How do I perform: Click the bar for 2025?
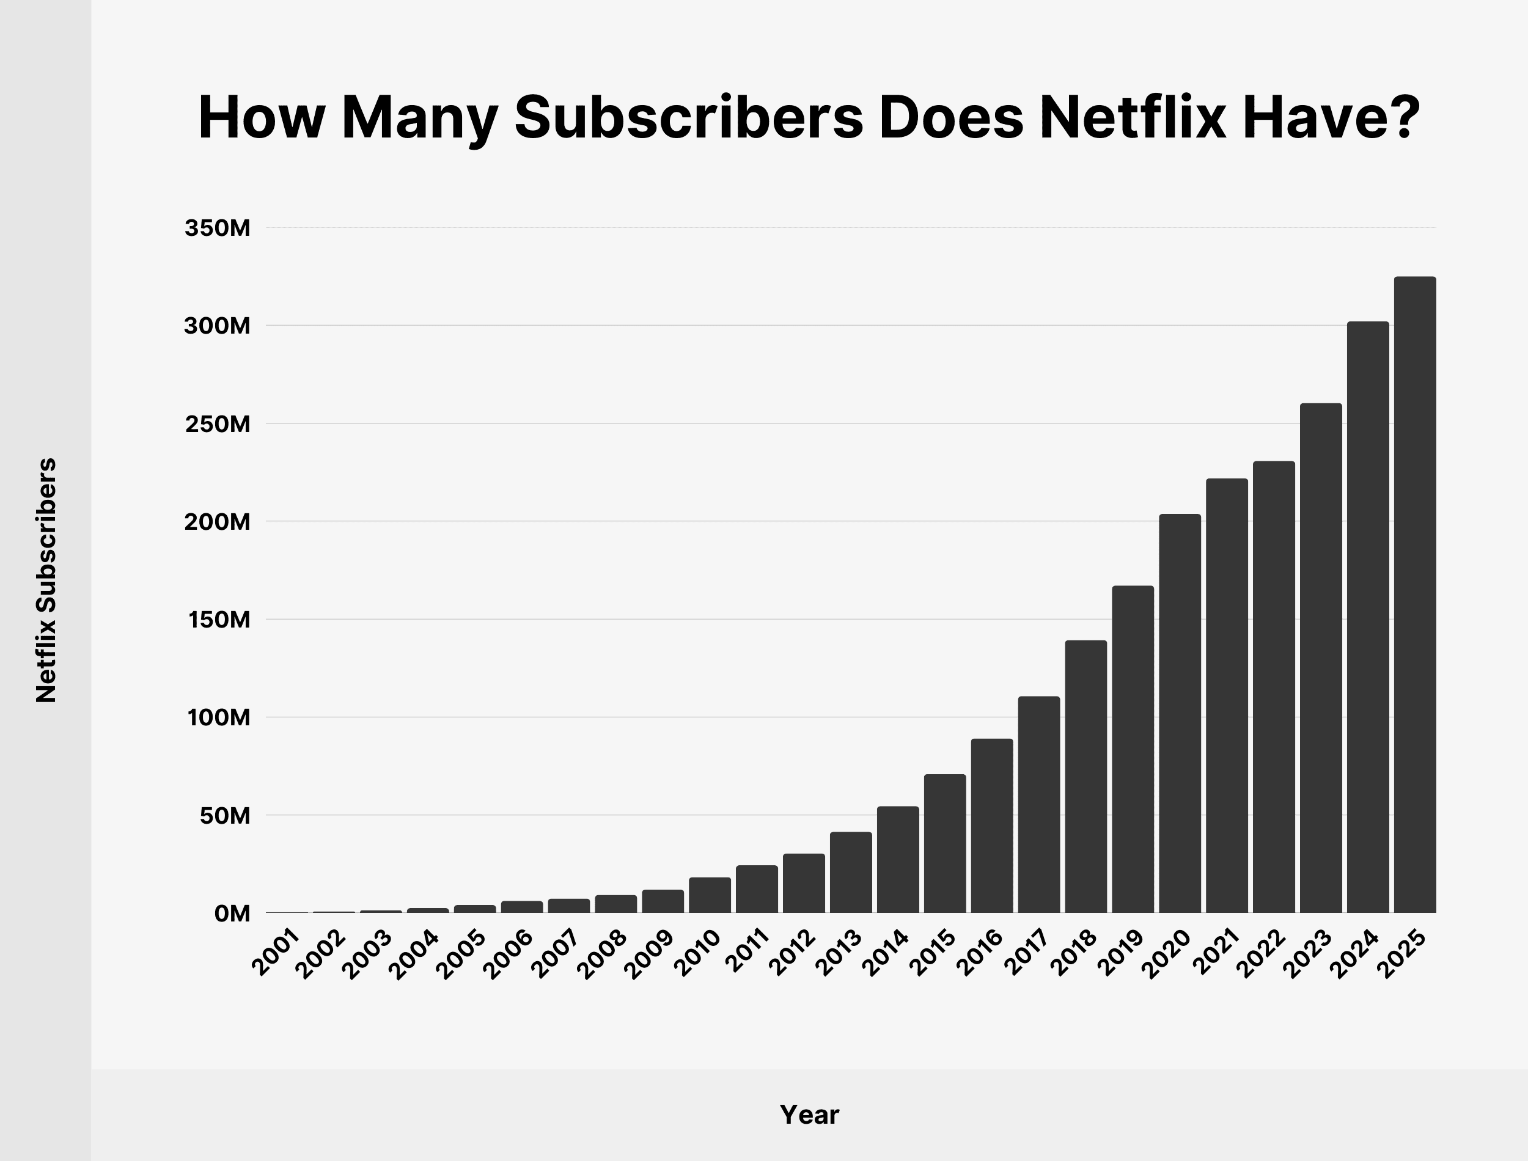click(x=1415, y=595)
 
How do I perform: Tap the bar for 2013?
click(x=851, y=872)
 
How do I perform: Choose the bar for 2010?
click(x=710, y=895)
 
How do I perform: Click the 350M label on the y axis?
click(x=217, y=228)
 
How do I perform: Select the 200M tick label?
click(x=217, y=522)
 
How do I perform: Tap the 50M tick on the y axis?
click(x=224, y=816)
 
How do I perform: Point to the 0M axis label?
click(x=232, y=914)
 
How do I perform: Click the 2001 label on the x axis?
click(x=276, y=954)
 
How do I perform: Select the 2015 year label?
click(x=935, y=954)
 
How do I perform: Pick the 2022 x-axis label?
click(x=1263, y=954)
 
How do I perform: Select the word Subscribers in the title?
click(x=689, y=117)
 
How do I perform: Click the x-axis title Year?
click(x=809, y=1115)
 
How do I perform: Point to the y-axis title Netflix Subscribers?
click(x=46, y=580)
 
